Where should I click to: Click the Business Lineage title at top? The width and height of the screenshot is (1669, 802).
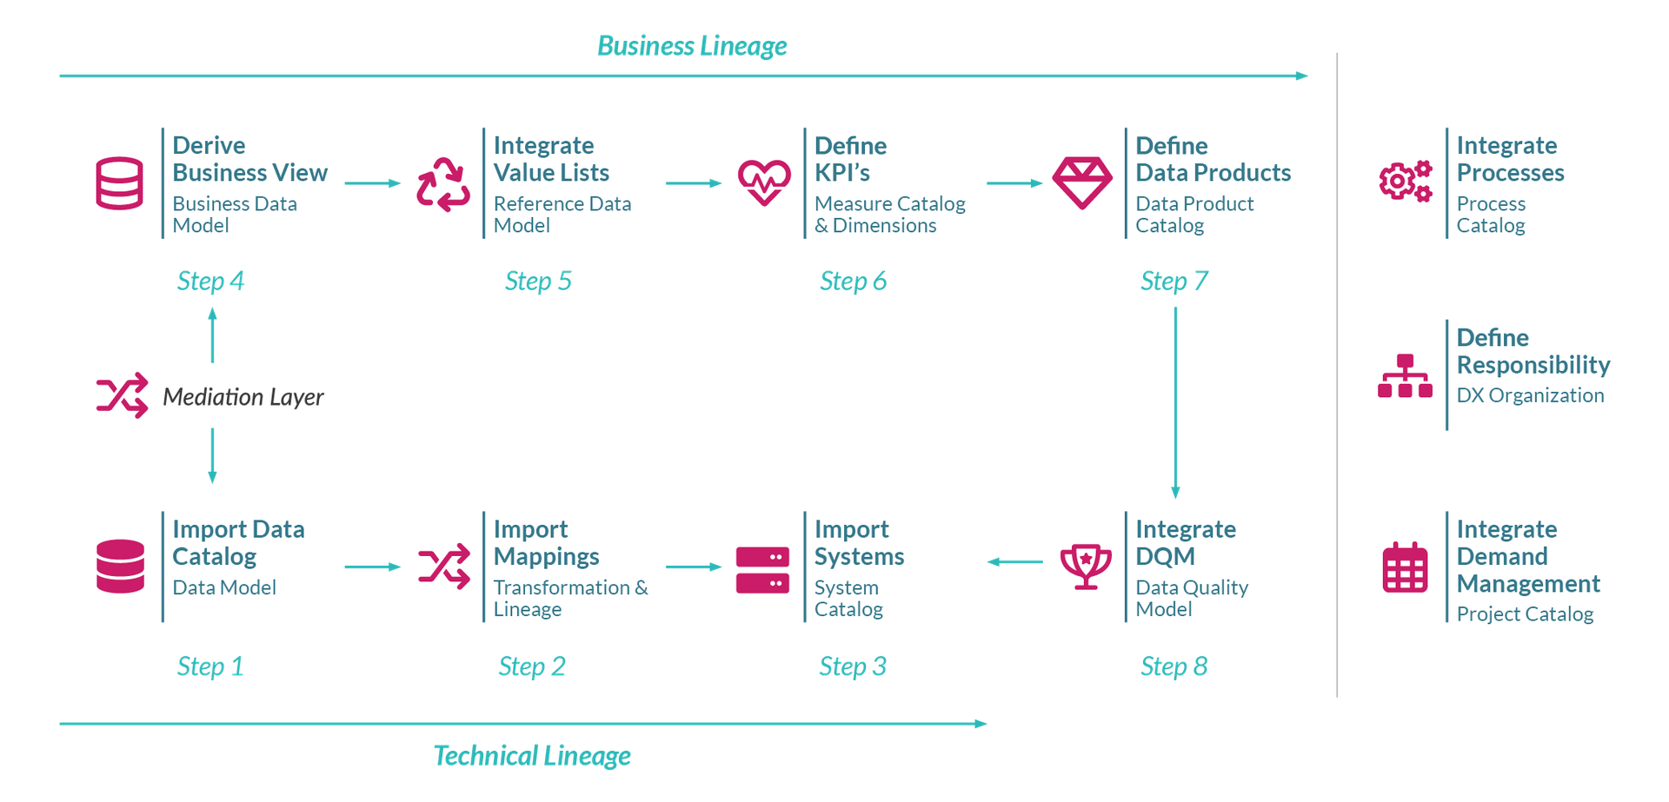(x=692, y=46)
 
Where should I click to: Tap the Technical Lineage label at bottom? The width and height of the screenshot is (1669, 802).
(x=532, y=756)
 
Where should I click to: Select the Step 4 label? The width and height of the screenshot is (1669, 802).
(x=211, y=281)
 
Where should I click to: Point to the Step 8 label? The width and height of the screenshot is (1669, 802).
(x=1174, y=666)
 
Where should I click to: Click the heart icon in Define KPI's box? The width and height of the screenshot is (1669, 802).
(x=764, y=182)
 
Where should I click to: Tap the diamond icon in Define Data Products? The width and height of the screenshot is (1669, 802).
(x=1081, y=182)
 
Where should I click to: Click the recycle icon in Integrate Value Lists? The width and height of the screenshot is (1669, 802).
(x=443, y=184)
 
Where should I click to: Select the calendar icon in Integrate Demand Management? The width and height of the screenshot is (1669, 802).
(x=1405, y=567)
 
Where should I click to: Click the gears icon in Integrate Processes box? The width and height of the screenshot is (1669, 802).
(x=1405, y=182)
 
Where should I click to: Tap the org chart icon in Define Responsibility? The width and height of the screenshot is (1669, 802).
(x=1405, y=376)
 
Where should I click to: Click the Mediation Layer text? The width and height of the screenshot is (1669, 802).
(x=243, y=397)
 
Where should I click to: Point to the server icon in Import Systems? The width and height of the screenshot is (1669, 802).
(x=762, y=569)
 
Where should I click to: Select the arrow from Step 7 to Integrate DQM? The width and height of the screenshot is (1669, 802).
(x=1176, y=400)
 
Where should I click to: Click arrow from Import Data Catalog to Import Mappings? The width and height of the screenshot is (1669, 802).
(x=373, y=567)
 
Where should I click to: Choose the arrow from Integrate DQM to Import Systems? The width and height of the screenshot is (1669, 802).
(x=1014, y=562)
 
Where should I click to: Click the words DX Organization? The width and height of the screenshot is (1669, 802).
(x=1530, y=395)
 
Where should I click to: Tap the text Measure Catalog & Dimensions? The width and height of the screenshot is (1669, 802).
(x=888, y=215)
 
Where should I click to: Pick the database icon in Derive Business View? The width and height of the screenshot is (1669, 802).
(x=119, y=183)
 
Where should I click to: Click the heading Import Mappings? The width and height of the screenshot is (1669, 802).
(x=546, y=542)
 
